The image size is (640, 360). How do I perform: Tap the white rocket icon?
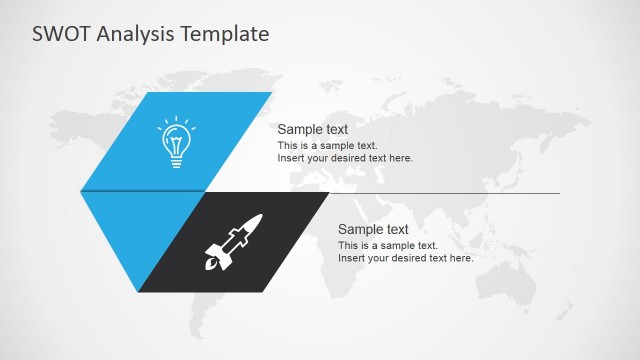(x=233, y=243)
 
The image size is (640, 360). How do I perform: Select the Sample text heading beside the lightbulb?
(x=312, y=129)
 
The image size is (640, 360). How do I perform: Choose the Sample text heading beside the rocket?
(x=373, y=229)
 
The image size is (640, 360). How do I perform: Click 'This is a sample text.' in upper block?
(x=327, y=146)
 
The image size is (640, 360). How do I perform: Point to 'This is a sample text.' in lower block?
(x=387, y=246)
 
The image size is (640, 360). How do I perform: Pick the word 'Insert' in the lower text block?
(x=351, y=258)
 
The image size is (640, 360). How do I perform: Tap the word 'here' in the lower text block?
(x=461, y=258)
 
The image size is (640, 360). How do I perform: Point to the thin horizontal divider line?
(x=450, y=193)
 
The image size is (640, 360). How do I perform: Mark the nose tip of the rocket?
(x=260, y=216)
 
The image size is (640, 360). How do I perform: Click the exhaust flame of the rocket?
(x=210, y=267)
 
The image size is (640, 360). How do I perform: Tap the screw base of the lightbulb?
(x=176, y=160)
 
